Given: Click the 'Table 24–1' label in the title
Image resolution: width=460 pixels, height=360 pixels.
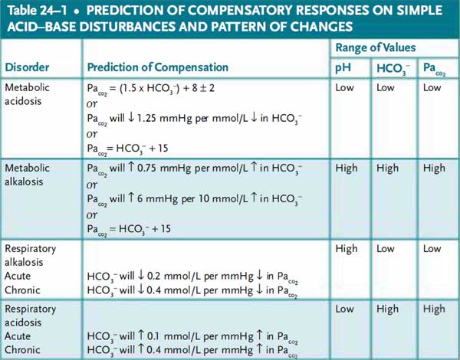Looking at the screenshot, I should tap(38, 11).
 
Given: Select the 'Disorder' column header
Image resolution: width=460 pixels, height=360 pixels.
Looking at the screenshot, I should tap(28, 67).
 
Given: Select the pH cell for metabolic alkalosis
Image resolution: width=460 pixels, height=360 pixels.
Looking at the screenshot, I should tap(347, 168).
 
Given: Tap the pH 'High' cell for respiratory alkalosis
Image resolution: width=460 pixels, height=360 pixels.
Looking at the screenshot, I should tap(347, 249).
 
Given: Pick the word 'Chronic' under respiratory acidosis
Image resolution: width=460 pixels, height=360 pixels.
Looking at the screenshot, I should tap(23, 350).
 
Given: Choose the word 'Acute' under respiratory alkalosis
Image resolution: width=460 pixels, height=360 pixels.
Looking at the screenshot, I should tap(19, 277).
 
